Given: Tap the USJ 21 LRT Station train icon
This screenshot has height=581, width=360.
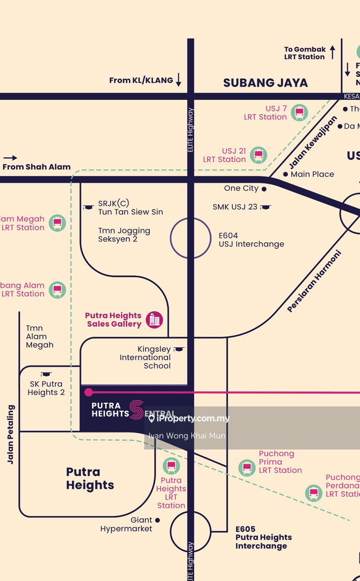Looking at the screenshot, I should coord(259,155).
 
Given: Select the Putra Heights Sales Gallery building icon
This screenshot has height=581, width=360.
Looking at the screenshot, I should coord(154,319).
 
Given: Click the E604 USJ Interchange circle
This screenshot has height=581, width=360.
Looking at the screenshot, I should coord(191,238).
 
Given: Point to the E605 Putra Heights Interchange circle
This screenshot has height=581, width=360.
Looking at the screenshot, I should coord(191,532).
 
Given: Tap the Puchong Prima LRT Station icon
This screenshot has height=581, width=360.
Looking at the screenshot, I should coord(247,468).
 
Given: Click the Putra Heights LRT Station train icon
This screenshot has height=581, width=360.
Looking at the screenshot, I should coord(171,466).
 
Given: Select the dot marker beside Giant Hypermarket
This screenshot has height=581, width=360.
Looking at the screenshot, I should coord(158,520).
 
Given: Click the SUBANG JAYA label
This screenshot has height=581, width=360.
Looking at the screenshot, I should coord(265,83).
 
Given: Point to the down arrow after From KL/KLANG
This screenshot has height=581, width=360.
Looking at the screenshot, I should coord(179,80).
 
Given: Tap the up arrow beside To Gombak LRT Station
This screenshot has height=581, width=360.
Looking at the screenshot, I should coord(333,52).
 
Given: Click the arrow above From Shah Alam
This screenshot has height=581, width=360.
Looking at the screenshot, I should coord(10,158).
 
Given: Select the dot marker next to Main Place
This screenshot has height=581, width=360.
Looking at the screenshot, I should coord(285,174).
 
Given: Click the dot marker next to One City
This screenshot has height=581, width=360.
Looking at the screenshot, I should coord(264,189).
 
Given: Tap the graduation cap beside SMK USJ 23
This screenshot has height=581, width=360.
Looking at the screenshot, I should coord(266,207).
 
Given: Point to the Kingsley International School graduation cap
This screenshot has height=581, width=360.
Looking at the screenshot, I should coord(179,349).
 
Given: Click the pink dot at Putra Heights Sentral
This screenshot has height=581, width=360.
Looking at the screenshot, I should coord(89,392).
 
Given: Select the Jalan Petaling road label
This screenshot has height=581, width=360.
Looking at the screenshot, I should coord(11,434).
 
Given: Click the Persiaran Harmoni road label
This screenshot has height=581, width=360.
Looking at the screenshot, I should coord(315,281).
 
